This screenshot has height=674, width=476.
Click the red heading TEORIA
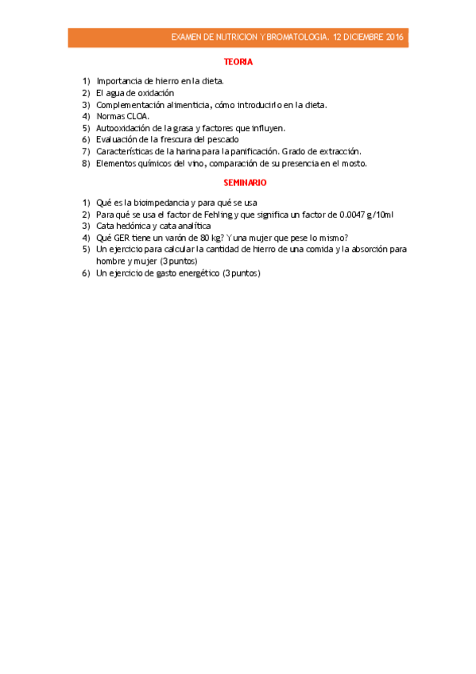click(x=238, y=61)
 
